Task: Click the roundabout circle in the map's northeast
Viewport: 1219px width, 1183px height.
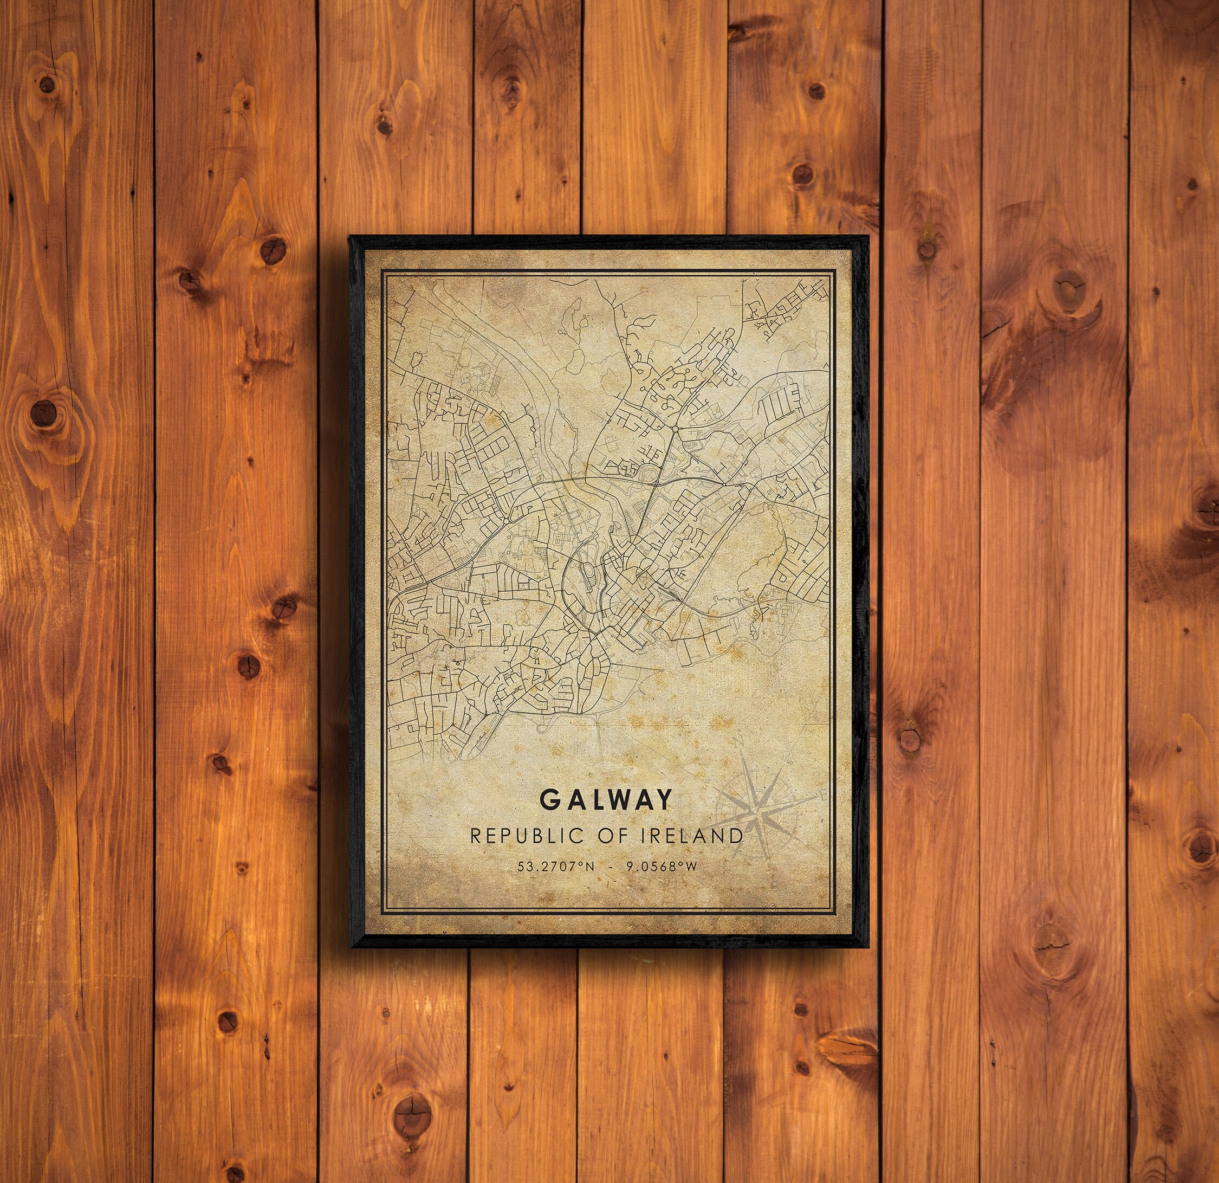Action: click(x=675, y=429)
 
